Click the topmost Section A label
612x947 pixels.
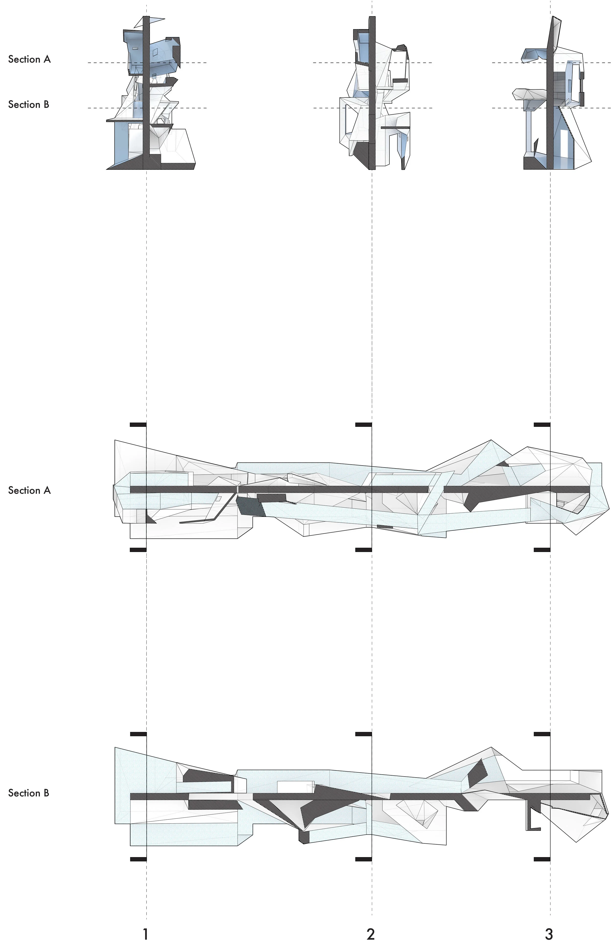(29, 59)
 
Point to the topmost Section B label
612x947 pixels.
(29, 105)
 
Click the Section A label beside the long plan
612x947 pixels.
(29, 490)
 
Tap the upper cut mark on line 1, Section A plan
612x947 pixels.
(138, 425)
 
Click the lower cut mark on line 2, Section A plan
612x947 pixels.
(363, 550)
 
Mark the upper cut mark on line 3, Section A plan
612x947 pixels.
(542, 425)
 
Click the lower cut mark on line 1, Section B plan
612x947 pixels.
(138, 859)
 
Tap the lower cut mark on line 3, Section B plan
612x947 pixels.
(542, 859)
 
